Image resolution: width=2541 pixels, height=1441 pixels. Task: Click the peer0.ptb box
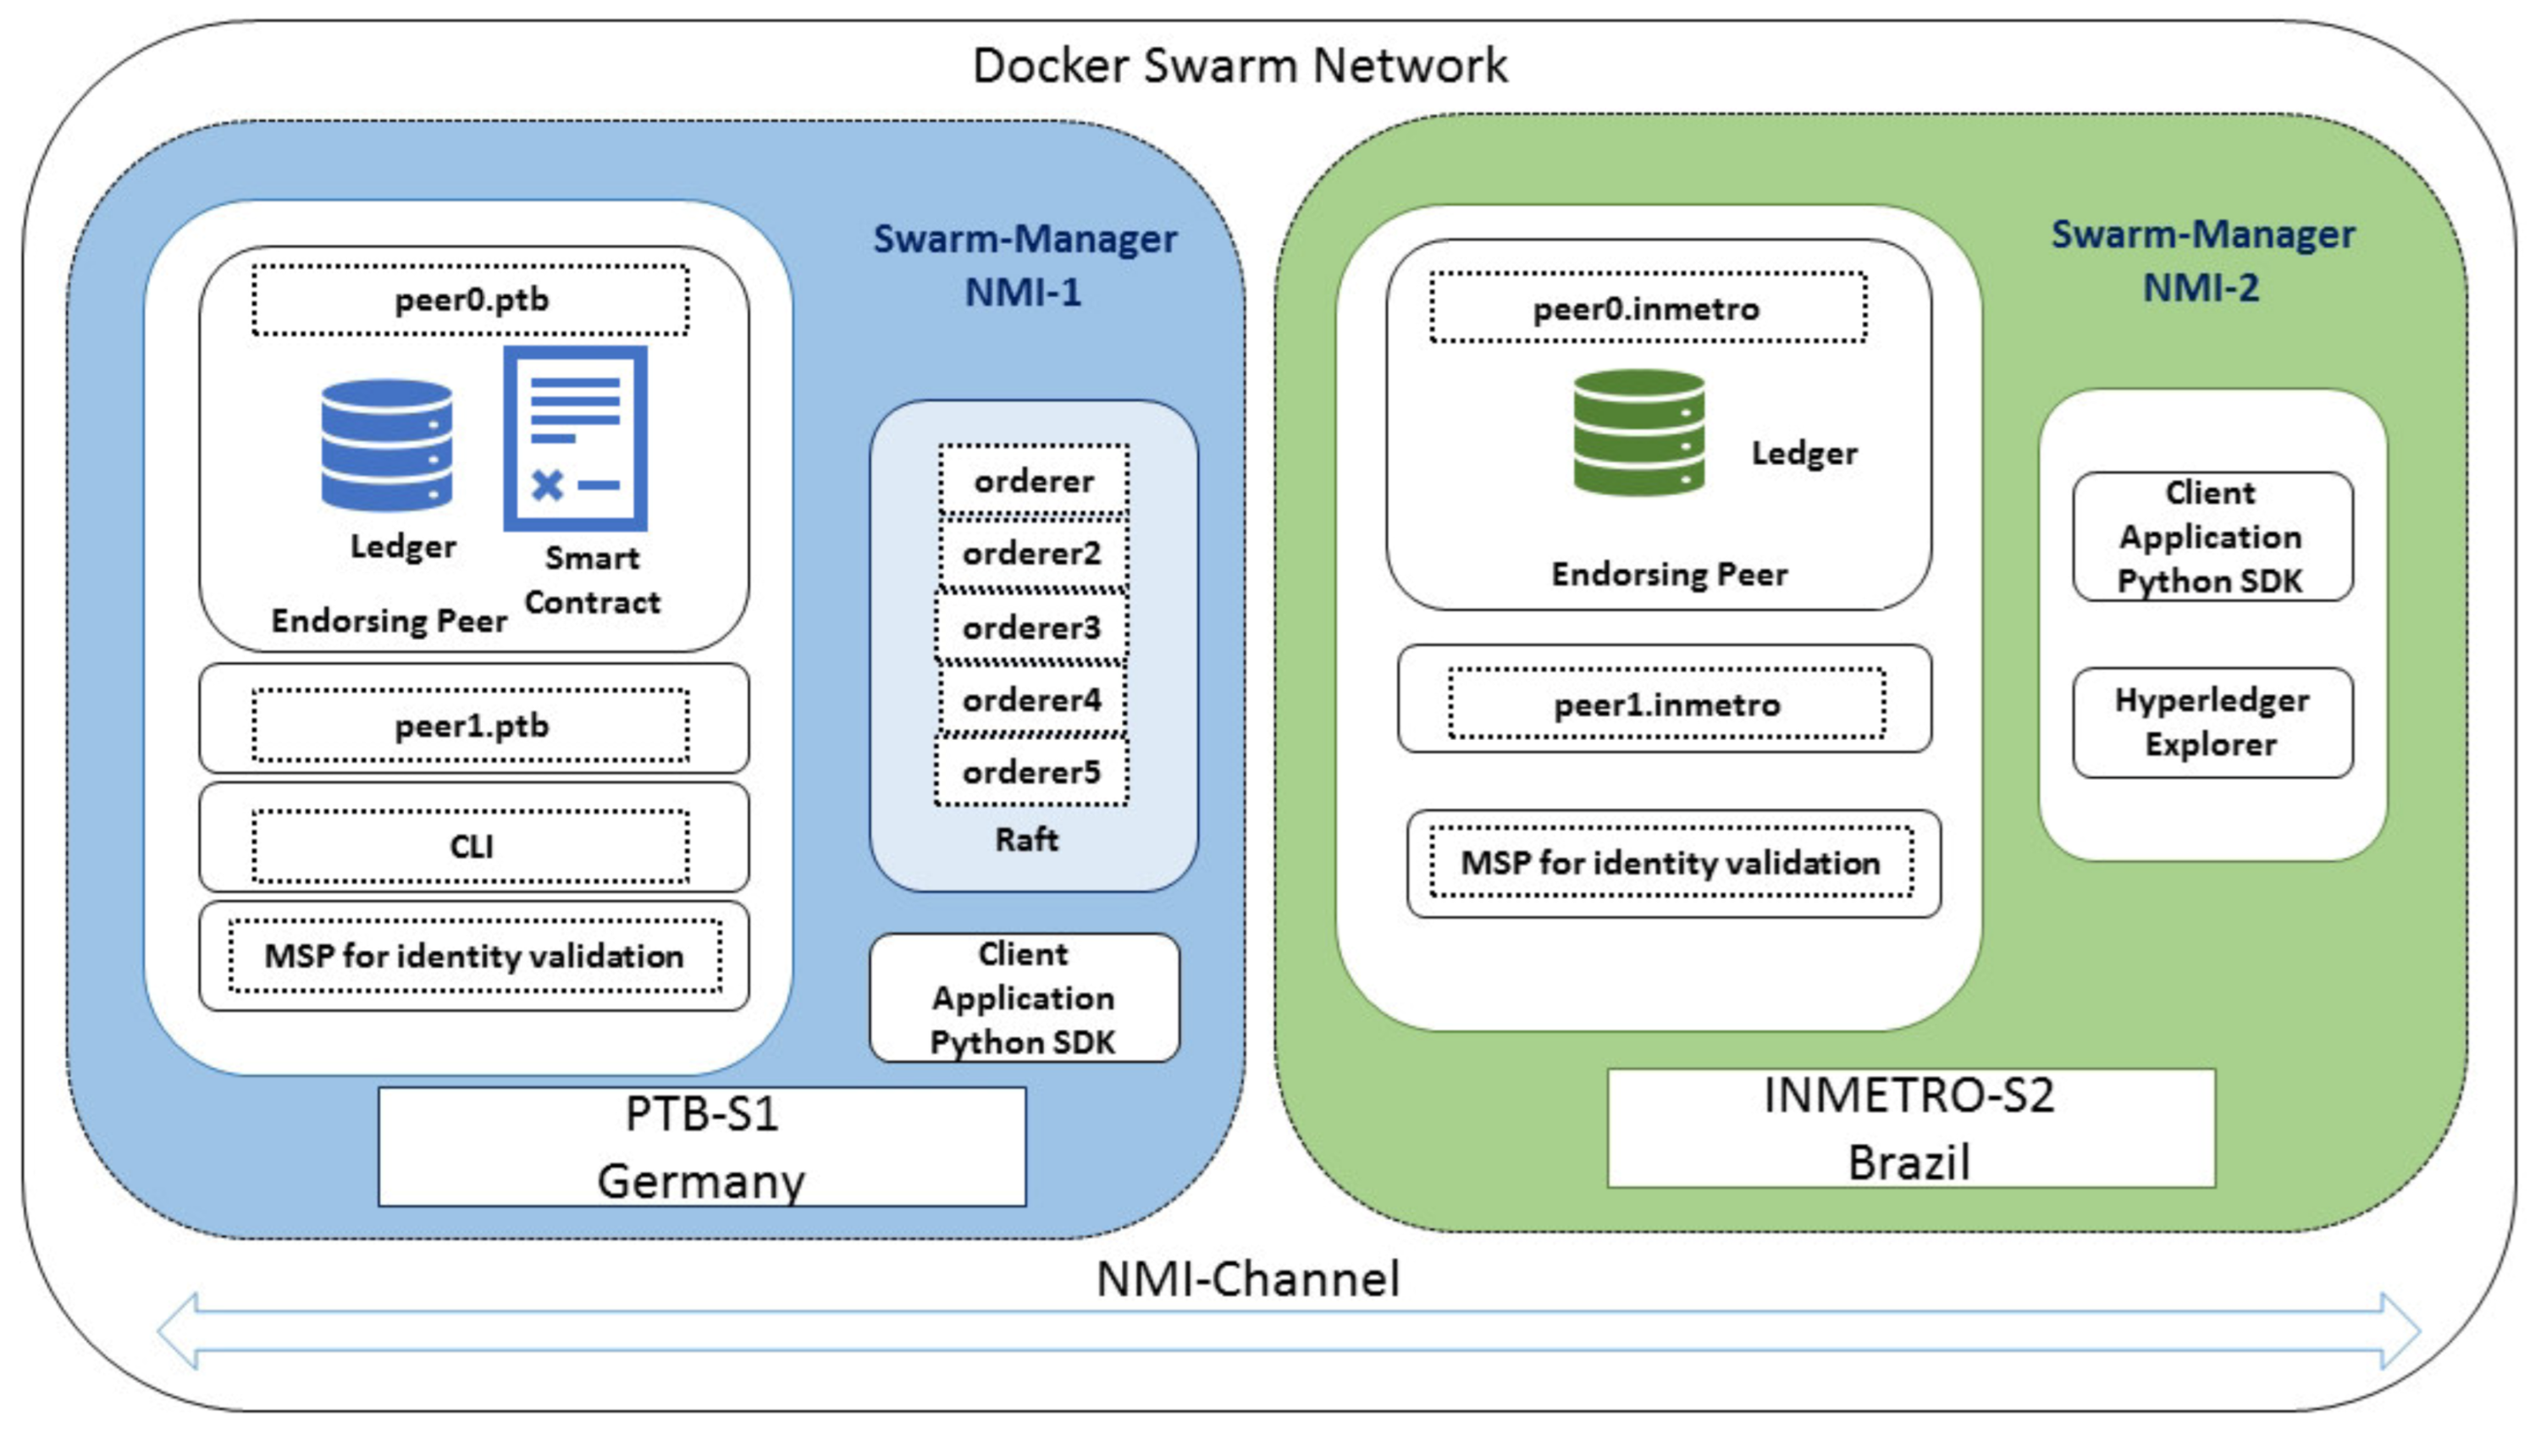click(x=471, y=300)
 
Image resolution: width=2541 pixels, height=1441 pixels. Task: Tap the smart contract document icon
click(x=576, y=439)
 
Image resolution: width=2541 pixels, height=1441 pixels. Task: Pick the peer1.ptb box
click(x=471, y=726)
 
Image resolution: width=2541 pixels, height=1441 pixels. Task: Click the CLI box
click(x=471, y=846)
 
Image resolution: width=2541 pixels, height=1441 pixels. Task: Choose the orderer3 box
click(x=1031, y=627)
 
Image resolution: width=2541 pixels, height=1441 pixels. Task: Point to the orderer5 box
click(x=1031, y=772)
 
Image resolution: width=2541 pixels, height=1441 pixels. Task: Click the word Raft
click(x=1026, y=839)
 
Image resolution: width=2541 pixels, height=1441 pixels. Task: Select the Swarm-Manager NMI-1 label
click(x=1025, y=265)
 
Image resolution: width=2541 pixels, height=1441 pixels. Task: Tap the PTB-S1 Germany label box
click(x=702, y=1147)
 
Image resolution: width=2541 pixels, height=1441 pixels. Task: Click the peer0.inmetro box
click(x=1648, y=309)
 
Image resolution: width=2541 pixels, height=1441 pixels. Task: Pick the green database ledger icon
click(x=1638, y=432)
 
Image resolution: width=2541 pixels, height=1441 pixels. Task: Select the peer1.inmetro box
click(x=1666, y=704)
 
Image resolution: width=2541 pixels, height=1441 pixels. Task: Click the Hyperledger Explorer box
click(x=2212, y=722)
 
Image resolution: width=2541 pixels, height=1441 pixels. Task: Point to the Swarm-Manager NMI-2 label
click(x=2202, y=260)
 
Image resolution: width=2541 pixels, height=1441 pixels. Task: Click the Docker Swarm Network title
click(x=1240, y=66)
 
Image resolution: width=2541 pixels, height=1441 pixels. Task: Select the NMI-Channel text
click(x=1248, y=1278)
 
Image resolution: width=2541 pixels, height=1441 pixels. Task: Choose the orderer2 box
click(x=1031, y=553)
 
